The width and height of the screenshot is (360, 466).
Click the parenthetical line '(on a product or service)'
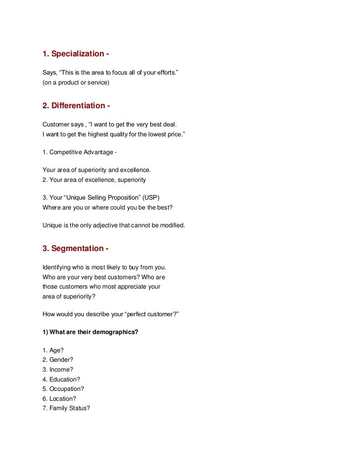coord(76,83)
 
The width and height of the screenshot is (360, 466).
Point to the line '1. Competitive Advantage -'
coord(80,152)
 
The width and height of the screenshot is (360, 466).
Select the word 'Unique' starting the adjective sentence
coord(52,225)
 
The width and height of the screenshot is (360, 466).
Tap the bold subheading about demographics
coord(90,332)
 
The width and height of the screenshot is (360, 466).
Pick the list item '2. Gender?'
coord(58,360)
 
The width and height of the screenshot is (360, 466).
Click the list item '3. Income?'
coord(57,370)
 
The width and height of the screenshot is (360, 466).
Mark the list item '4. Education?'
coord(61,380)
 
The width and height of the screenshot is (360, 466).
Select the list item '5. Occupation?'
coord(63,389)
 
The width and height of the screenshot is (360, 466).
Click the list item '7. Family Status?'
coord(66,409)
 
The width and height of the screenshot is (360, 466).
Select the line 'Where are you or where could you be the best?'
coord(107,207)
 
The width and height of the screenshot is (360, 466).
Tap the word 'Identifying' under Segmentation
coord(58,267)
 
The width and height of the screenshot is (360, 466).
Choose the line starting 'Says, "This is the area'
coord(110,73)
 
